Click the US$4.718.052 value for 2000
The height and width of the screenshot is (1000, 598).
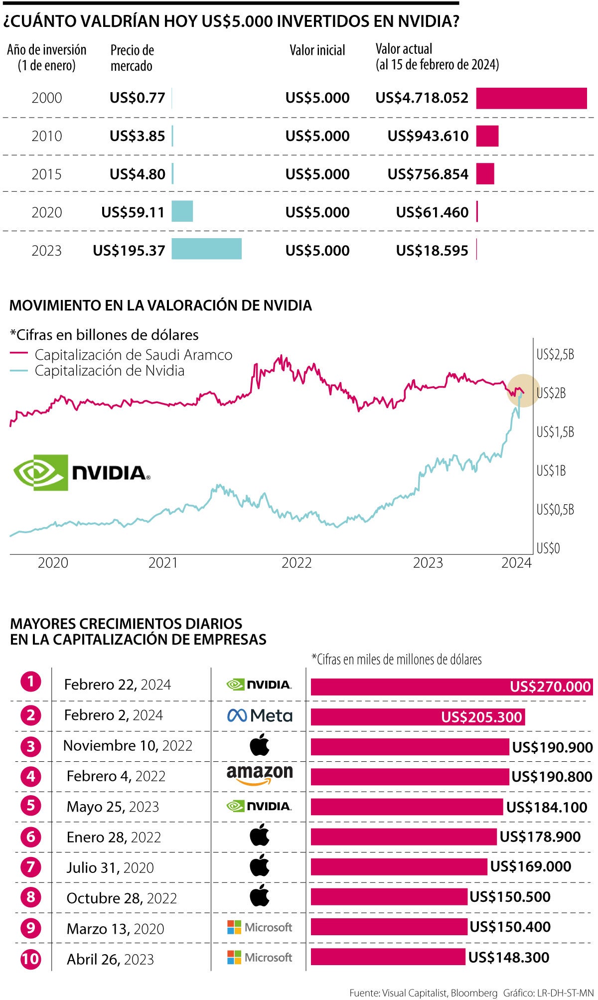click(x=422, y=98)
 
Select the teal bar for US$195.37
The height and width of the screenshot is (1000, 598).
click(x=206, y=249)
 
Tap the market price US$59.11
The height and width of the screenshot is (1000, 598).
click(x=133, y=212)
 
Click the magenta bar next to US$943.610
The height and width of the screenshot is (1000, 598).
click(x=487, y=136)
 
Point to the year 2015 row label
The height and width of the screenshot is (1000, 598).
click(x=46, y=174)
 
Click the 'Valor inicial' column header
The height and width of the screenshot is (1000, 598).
click(x=317, y=50)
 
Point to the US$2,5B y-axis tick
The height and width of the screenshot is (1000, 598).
click(x=555, y=354)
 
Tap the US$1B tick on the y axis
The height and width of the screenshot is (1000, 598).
click(x=551, y=470)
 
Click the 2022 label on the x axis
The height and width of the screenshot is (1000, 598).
click(x=297, y=563)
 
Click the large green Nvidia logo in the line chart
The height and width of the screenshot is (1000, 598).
click(x=81, y=472)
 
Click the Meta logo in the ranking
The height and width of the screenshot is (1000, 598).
click(x=259, y=715)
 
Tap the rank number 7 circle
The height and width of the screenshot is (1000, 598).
click(x=31, y=867)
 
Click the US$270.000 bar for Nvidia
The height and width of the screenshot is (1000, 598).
click(x=451, y=687)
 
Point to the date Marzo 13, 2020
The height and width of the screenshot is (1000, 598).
click(x=115, y=929)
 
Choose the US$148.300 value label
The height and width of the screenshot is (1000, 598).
click(x=508, y=957)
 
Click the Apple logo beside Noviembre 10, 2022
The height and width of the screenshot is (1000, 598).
click(x=259, y=746)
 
